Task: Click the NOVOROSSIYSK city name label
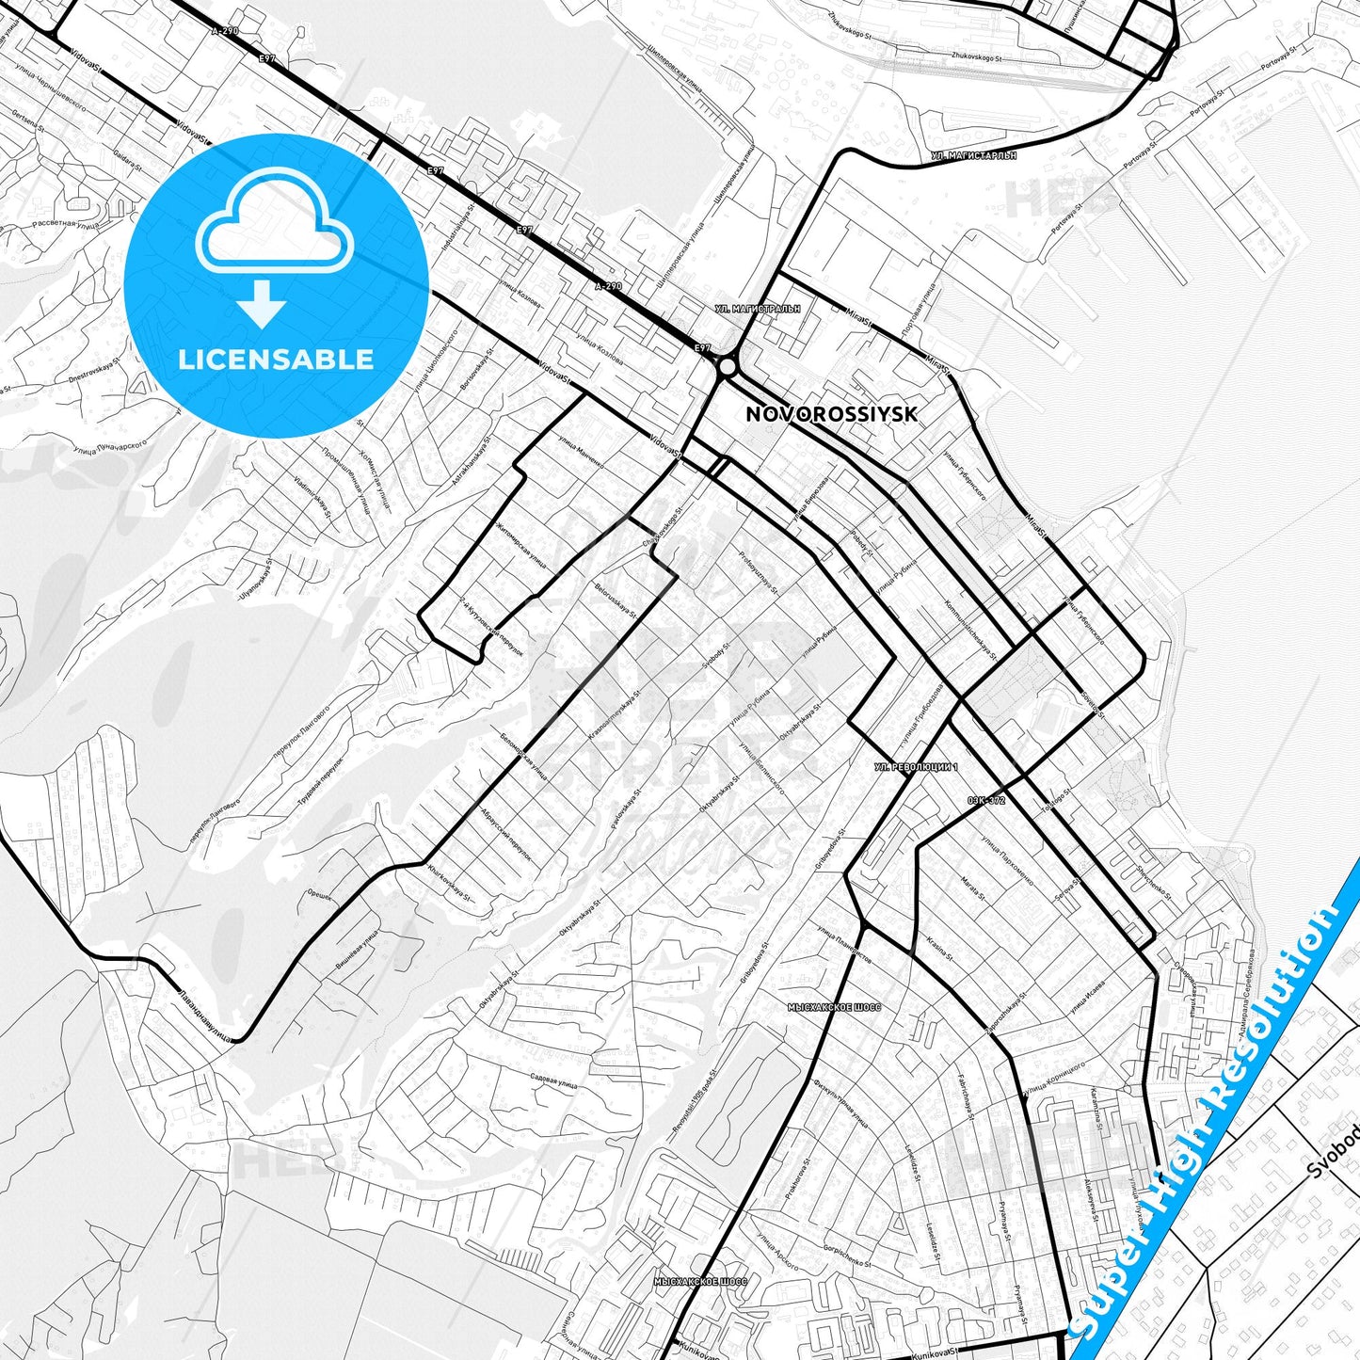point(831,414)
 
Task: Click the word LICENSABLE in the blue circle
point(276,360)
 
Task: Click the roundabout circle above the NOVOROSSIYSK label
point(727,366)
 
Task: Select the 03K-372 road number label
point(986,800)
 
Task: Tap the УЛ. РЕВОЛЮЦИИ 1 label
point(915,767)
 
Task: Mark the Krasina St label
point(939,949)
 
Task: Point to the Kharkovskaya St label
point(449,886)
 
